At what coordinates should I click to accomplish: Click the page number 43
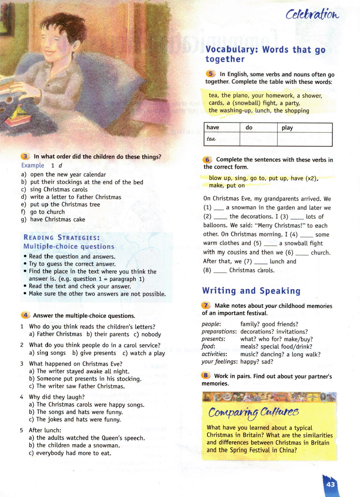tap(330, 484)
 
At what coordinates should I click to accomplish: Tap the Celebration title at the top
tap(312, 14)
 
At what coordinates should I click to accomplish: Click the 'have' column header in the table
tap(213, 127)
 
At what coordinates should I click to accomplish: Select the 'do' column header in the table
tap(249, 127)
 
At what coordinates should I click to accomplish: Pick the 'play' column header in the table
tap(287, 127)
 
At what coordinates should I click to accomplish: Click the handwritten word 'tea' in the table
tap(211, 139)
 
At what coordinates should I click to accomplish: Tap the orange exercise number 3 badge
tap(25, 157)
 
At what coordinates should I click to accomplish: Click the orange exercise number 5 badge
tap(210, 74)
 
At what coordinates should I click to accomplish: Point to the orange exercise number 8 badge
tap(206, 375)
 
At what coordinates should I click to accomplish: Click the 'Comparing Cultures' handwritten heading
tap(253, 412)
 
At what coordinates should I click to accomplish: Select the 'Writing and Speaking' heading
tap(251, 291)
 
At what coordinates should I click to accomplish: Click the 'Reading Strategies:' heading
tap(62, 238)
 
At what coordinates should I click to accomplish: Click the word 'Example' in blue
tap(33, 165)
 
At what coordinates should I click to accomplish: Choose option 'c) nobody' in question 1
tap(147, 334)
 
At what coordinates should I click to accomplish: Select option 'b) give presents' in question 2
tap(94, 353)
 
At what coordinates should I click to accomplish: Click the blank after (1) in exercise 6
tap(218, 208)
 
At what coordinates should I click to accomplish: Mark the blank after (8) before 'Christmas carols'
tap(220, 270)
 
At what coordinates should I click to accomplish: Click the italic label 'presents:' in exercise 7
tap(213, 339)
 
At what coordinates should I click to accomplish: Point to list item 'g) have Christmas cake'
tap(53, 220)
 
